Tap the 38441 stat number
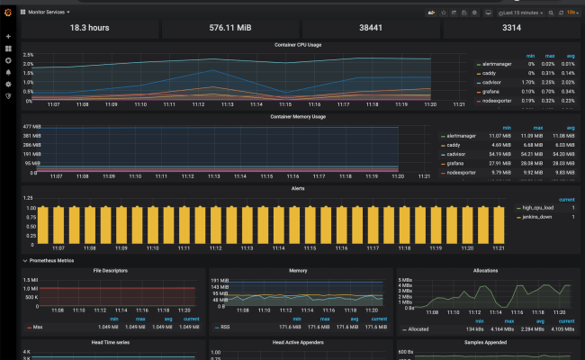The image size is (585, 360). (x=371, y=28)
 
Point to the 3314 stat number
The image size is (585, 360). (x=511, y=28)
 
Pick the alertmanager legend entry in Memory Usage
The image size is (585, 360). (x=460, y=135)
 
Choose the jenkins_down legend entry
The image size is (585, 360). (x=534, y=216)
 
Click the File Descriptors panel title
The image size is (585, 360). (x=110, y=270)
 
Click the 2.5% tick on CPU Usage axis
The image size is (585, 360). (x=28, y=54)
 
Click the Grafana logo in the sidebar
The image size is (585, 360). (x=8, y=12)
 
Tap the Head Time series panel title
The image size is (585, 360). (x=110, y=342)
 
